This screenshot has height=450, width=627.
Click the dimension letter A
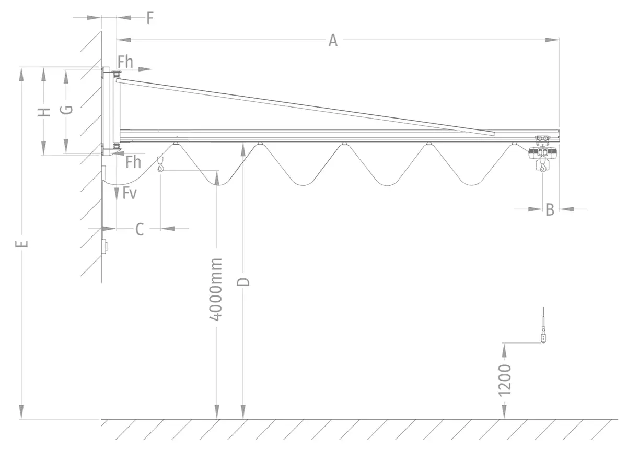pos(333,40)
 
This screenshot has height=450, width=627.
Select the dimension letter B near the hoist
pos(550,209)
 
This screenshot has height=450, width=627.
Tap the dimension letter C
pos(140,229)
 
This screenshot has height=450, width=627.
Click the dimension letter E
pos(21,244)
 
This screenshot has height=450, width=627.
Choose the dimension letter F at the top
pos(149,18)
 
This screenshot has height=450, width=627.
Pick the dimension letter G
pos(66,110)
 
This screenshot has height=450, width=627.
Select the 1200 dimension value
pos(505,379)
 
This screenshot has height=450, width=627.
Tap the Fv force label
pos(130,194)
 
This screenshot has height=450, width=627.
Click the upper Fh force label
pos(125,62)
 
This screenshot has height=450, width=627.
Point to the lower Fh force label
pos(133,162)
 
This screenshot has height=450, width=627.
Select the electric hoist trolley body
pos(542,152)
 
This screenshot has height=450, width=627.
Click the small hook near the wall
pos(160,167)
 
